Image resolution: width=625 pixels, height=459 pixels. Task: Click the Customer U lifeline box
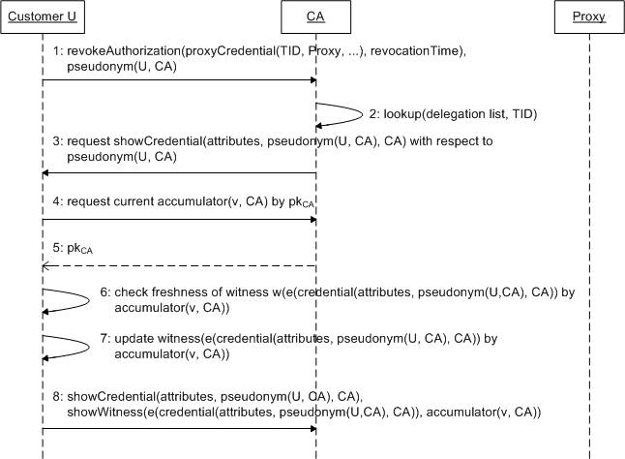click(43, 15)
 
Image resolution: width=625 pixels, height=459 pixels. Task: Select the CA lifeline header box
click(315, 15)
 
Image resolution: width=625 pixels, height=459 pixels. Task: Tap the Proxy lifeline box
click(588, 15)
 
